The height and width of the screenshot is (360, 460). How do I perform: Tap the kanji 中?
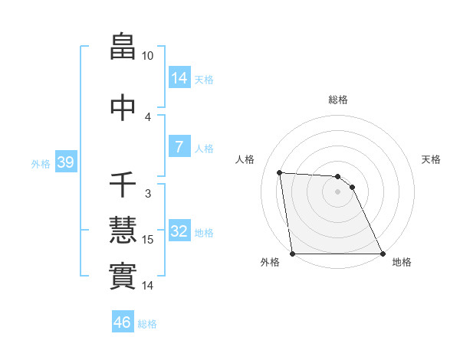coord(123,107)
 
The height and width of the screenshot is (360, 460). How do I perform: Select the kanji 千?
coord(123,184)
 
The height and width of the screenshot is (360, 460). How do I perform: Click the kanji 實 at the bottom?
coord(123,276)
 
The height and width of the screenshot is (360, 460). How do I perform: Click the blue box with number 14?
coord(179,77)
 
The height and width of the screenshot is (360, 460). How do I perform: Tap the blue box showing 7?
coord(179,146)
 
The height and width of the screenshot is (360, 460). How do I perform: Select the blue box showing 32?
coord(179,231)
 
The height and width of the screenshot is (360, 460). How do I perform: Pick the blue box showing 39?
coord(65,162)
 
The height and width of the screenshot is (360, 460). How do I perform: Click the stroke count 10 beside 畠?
coord(147,56)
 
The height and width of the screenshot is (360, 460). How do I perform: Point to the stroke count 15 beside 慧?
coord(148,240)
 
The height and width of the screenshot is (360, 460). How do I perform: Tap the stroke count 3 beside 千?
coord(148,194)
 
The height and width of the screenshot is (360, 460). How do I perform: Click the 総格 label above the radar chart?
coord(337,100)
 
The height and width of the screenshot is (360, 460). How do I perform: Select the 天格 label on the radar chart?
coord(431,159)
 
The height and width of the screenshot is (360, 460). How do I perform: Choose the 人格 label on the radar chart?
coord(245,159)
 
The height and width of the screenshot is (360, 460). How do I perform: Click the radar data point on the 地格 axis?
coord(383,254)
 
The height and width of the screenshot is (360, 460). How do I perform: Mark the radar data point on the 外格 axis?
coord(292,254)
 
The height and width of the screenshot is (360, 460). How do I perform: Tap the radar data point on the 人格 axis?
coord(280,172)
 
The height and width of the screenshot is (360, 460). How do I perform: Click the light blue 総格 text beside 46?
coord(147,324)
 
